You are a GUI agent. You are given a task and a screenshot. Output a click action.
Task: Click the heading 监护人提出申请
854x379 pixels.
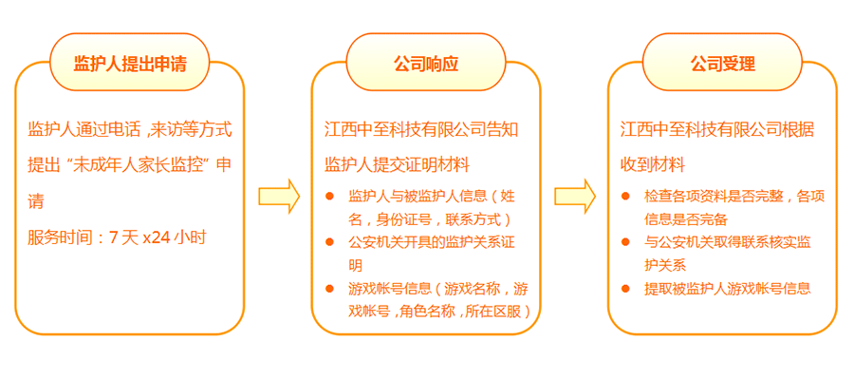pyautogui.click(x=129, y=64)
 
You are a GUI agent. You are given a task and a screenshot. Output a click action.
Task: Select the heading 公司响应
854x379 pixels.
pyautogui.click(x=426, y=64)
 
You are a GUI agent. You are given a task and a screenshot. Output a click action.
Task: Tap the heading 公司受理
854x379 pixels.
pyautogui.click(x=722, y=64)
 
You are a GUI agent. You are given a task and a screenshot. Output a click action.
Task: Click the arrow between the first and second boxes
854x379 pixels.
pyautogui.click(x=279, y=196)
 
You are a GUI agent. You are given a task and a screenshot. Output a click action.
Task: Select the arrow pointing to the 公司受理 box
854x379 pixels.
pyautogui.click(x=575, y=196)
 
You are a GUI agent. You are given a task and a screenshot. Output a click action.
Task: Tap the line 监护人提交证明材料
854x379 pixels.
pyautogui.click(x=397, y=164)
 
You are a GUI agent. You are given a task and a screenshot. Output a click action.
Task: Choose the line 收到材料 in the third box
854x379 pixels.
pyautogui.click(x=653, y=164)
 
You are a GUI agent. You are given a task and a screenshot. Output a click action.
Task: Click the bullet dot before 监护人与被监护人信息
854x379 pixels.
pyautogui.click(x=329, y=197)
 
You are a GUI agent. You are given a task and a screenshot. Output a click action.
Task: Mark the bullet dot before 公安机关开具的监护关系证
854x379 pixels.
pyautogui.click(x=329, y=242)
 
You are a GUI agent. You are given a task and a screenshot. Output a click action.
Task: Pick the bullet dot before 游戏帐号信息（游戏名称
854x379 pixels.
pyautogui.click(x=329, y=288)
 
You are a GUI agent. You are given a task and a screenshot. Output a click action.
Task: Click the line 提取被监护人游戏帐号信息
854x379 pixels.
pyautogui.click(x=728, y=288)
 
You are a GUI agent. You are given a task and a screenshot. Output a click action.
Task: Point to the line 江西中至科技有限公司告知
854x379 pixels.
pyautogui.click(x=421, y=128)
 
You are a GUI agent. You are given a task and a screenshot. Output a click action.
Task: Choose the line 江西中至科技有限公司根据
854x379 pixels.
pyautogui.click(x=717, y=128)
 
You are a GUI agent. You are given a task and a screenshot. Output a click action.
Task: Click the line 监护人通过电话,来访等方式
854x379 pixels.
pyautogui.click(x=130, y=128)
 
